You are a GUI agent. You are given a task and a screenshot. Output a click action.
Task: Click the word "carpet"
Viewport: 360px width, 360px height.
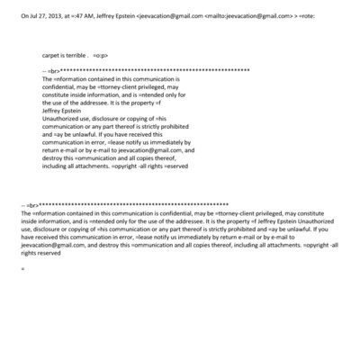tap(53, 57)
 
